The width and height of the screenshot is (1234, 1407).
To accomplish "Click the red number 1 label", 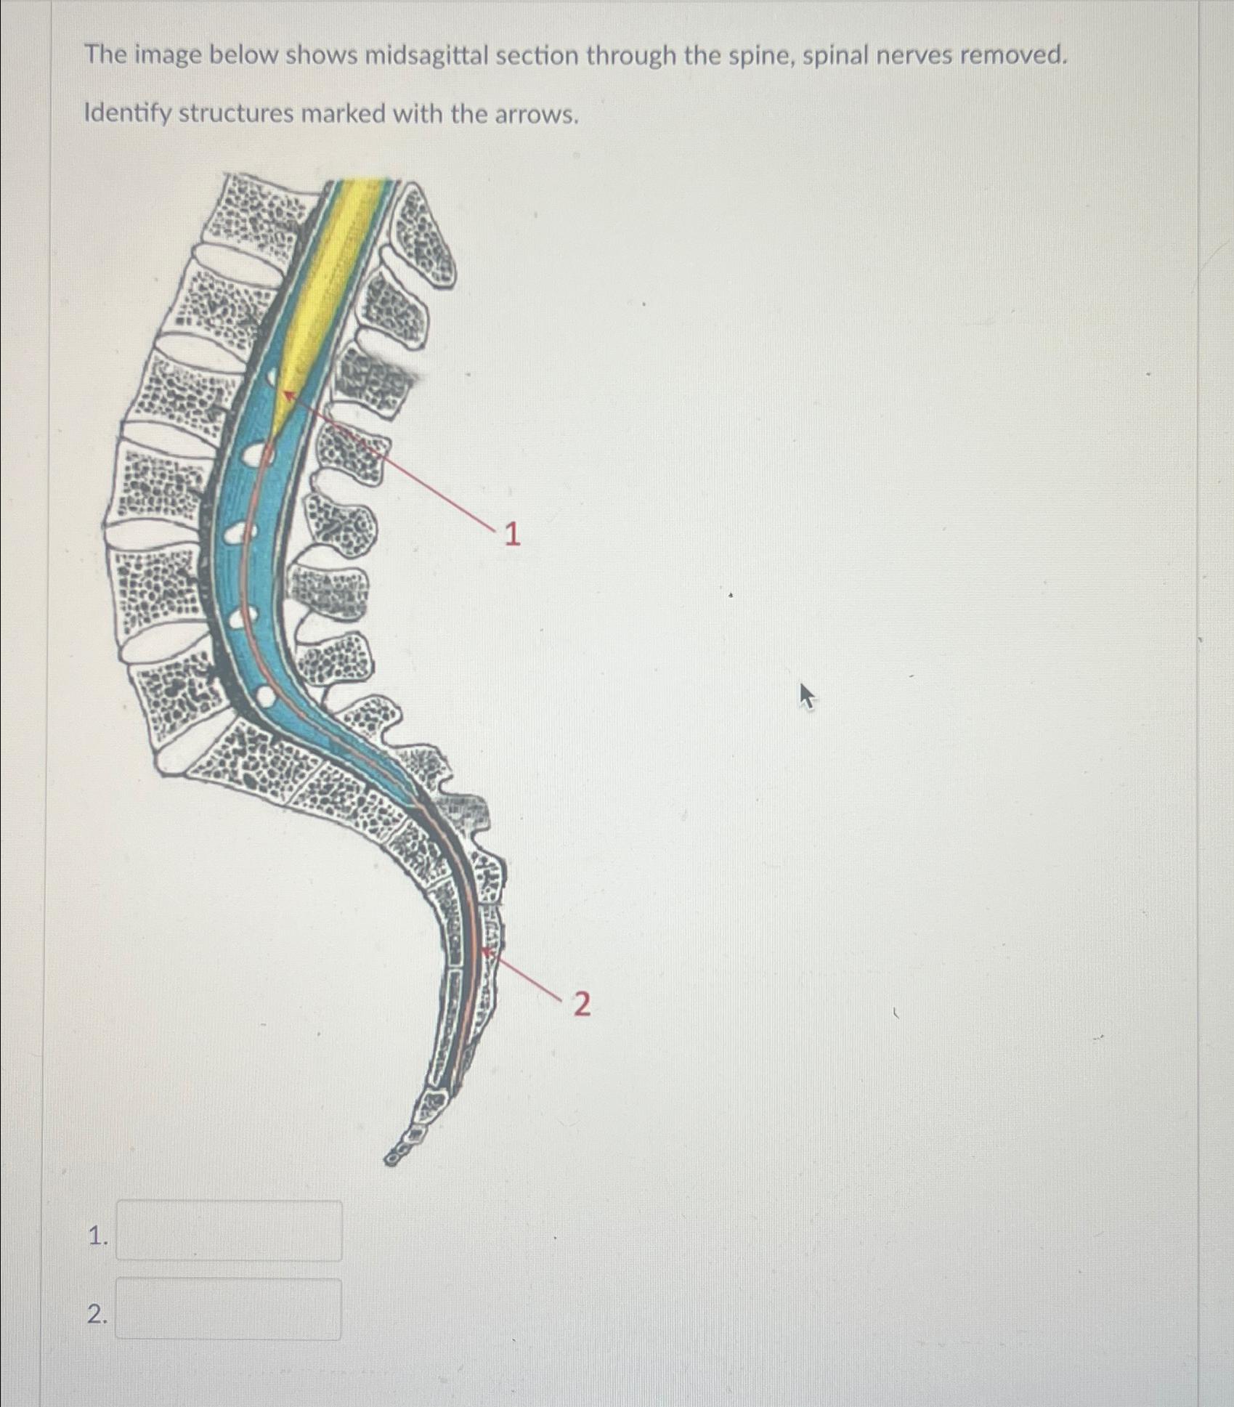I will point(512,535).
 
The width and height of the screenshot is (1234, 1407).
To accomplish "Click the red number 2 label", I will point(582,1005).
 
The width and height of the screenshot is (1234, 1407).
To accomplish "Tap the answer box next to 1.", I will point(229,1230).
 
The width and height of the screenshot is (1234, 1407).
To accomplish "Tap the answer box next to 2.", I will point(229,1309).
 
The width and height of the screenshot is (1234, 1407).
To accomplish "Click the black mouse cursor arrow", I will point(806,695).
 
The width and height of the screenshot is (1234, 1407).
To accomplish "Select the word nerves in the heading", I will point(912,55).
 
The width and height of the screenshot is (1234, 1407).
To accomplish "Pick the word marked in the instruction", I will point(344,114).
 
